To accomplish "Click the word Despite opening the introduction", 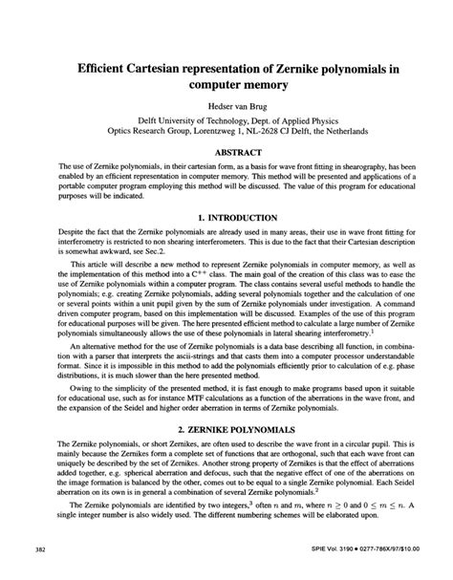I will (74, 261).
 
